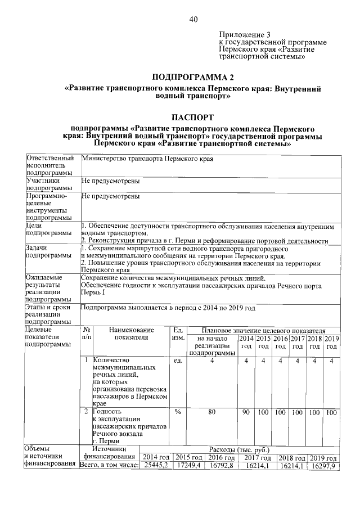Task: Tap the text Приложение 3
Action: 238,34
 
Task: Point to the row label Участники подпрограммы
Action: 49,184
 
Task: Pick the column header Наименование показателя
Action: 131,334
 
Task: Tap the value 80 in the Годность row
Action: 212,412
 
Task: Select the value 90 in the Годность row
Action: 246,412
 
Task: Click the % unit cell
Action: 177,412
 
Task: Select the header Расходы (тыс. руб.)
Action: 240,449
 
